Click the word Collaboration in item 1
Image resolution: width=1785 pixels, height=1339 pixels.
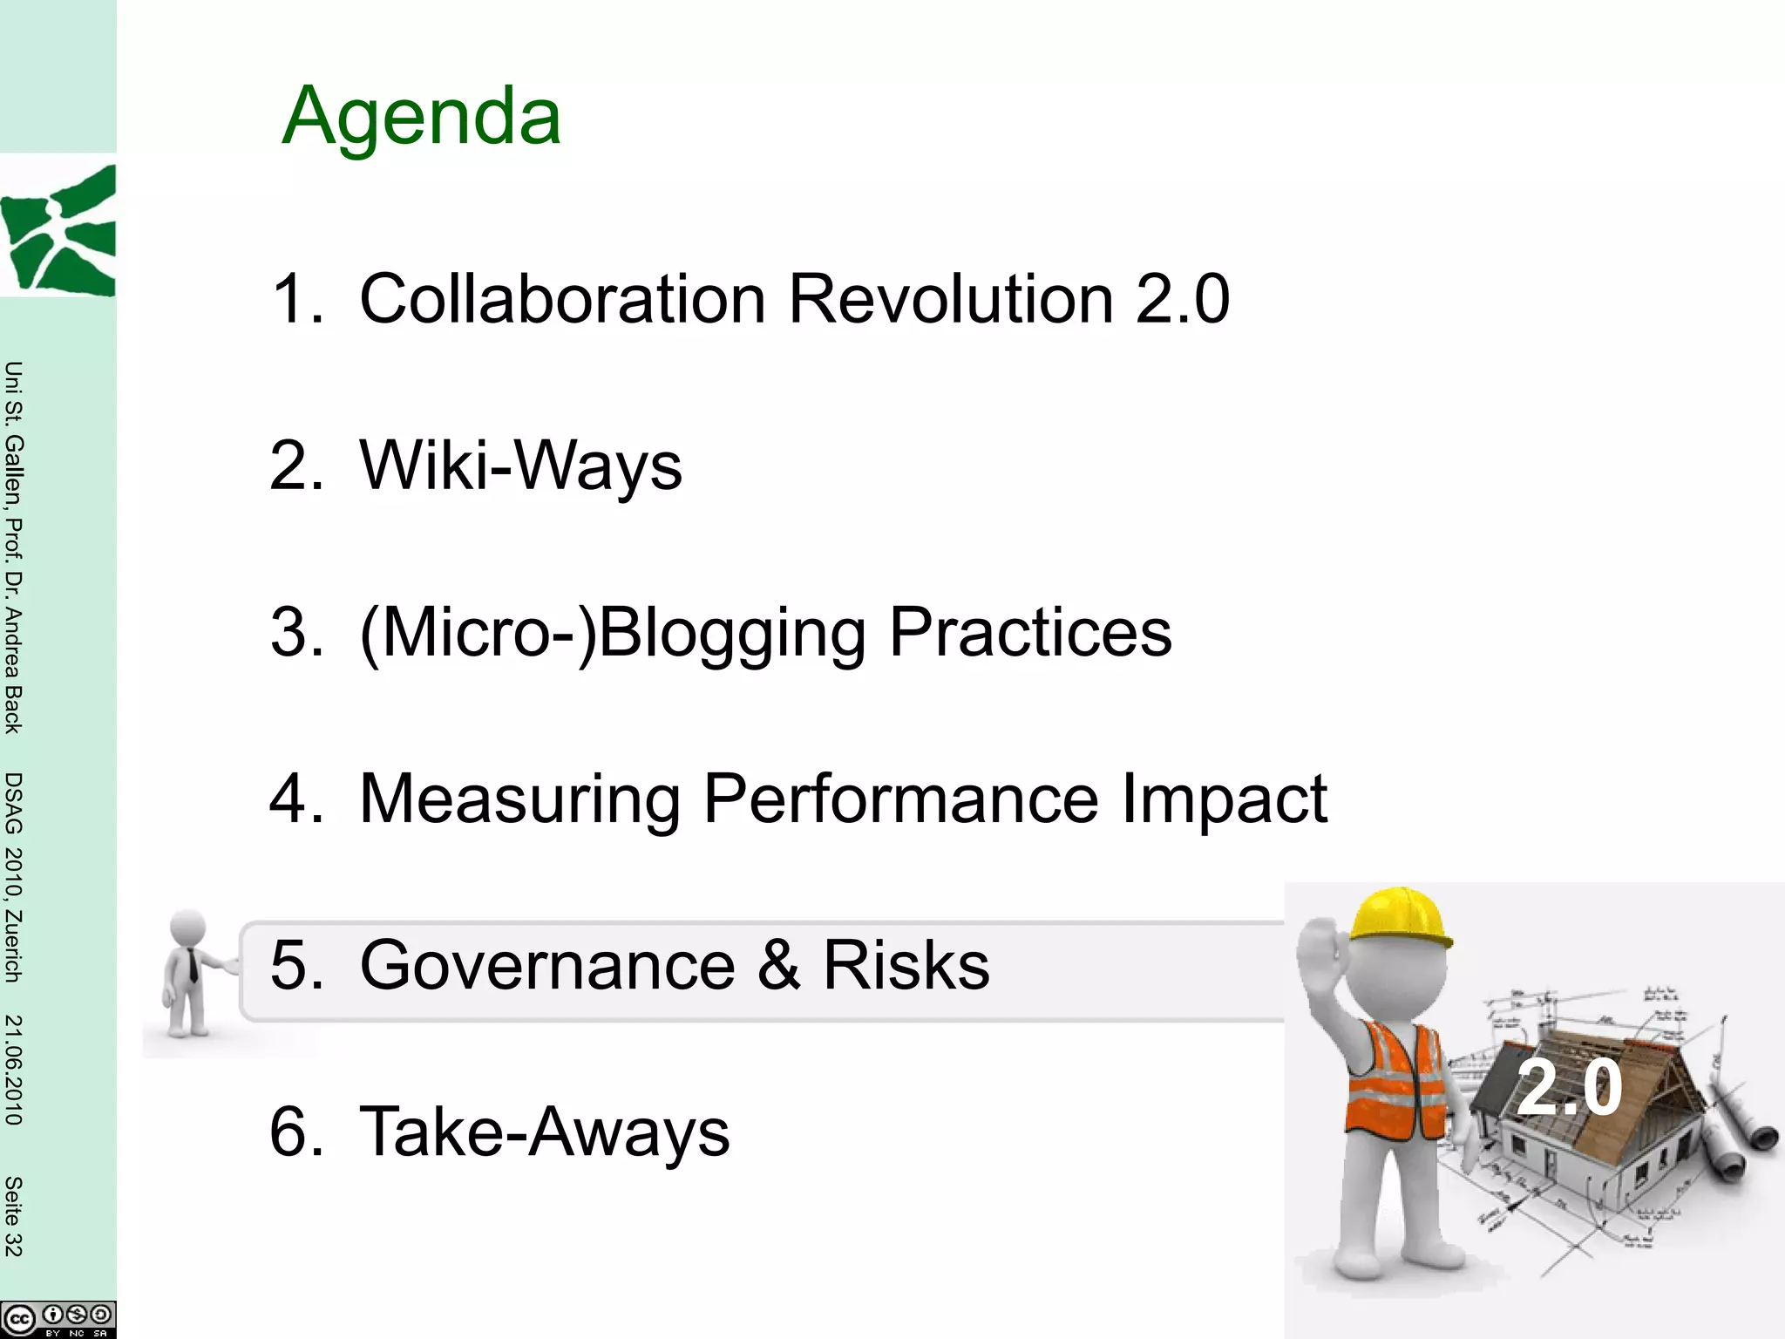tap(562, 299)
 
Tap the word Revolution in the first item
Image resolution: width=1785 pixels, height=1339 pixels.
tap(951, 299)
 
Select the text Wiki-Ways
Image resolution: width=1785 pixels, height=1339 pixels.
tap(520, 466)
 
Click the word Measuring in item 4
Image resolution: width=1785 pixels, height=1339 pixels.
tap(519, 799)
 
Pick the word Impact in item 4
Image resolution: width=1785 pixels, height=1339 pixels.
tap(1224, 799)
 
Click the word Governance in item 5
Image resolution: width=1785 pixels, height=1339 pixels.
tap(547, 965)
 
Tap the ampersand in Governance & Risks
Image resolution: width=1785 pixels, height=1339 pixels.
tap(778, 965)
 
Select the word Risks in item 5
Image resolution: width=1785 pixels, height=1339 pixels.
tap(906, 965)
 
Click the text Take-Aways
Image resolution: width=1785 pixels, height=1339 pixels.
tap(544, 1132)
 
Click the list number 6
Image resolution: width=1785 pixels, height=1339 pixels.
tap(295, 1132)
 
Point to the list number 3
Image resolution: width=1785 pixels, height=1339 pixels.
tap(295, 632)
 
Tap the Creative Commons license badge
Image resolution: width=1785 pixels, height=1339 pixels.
tap(58, 1319)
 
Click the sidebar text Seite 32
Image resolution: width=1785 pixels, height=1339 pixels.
tap(13, 1216)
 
